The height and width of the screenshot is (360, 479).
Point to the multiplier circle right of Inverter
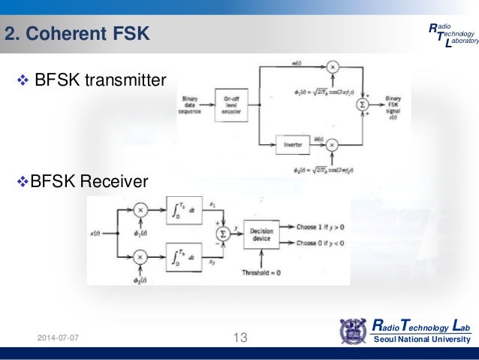333,141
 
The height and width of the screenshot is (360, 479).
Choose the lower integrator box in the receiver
182,260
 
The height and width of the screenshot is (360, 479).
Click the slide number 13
240,338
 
